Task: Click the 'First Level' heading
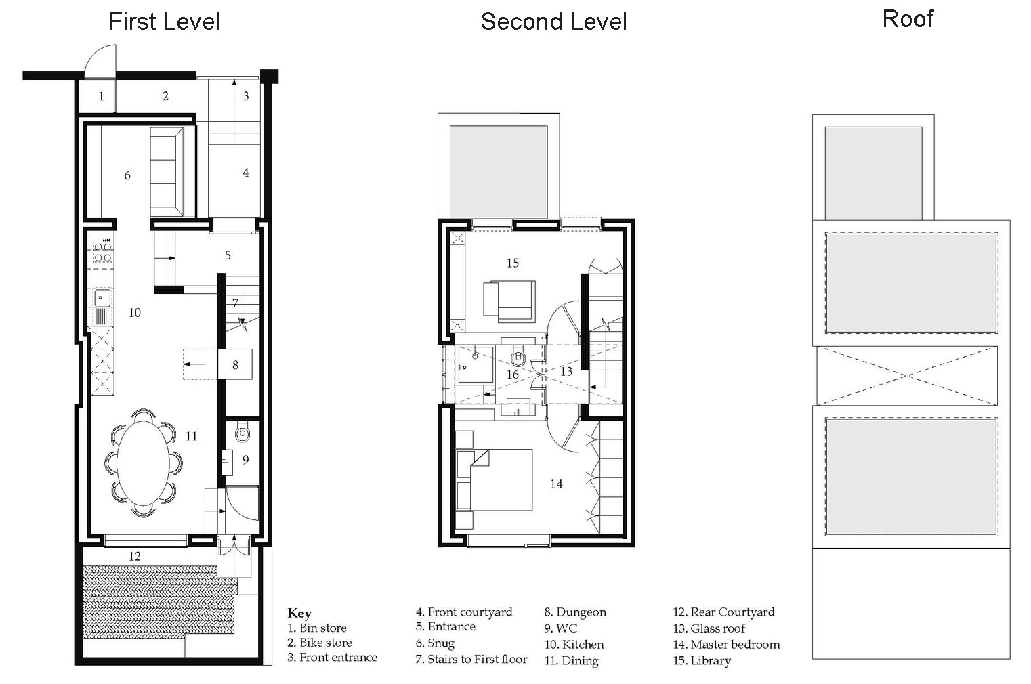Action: click(x=165, y=22)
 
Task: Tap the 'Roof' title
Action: click(x=908, y=19)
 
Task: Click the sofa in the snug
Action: click(x=173, y=172)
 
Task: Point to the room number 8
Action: click(x=235, y=365)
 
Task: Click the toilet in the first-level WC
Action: click(x=242, y=433)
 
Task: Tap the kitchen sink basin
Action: click(x=102, y=298)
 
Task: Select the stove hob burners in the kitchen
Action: click(x=102, y=252)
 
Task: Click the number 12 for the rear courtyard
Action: click(x=134, y=556)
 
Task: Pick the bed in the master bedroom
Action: click(x=494, y=479)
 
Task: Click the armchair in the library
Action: click(x=509, y=301)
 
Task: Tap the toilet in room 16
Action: click(x=519, y=355)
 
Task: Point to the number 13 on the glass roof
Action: click(x=566, y=371)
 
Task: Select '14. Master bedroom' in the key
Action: click(x=726, y=645)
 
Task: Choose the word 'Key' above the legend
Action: click(x=299, y=613)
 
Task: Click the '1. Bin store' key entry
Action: click(x=316, y=628)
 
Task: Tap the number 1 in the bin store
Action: click(x=101, y=96)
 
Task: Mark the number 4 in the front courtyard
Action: click(x=246, y=173)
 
